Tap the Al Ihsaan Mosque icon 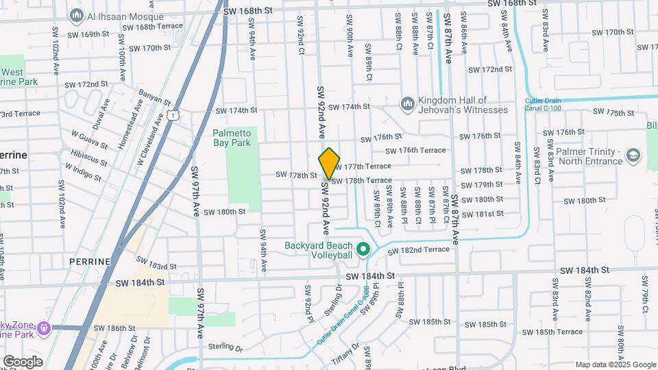coord(75,14)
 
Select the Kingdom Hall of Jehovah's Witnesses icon coord(407,103)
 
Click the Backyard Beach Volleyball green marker coord(365,249)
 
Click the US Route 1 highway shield coord(175,116)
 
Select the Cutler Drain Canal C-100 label coord(544,105)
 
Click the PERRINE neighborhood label coord(90,262)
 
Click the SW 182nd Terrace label coord(418,249)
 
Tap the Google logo coord(23,361)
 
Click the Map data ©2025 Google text coord(615,365)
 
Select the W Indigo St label coord(83,172)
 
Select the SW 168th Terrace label coord(152,26)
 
